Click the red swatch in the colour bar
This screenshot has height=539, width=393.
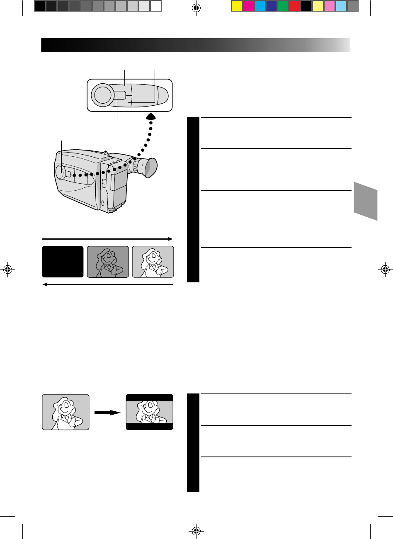tap(295, 6)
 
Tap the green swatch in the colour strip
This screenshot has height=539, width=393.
tap(283, 6)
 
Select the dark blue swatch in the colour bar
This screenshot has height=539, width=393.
tap(272, 6)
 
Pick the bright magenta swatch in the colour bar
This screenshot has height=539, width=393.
tap(248, 6)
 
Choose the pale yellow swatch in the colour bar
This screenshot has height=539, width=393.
tap(318, 6)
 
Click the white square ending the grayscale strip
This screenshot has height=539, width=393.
tap(155, 6)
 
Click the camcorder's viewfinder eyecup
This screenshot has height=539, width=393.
tap(148, 168)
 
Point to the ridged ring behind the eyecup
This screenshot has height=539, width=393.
tap(135, 166)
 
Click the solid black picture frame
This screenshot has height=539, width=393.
tap(63, 262)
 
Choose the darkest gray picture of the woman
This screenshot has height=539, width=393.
tap(108, 262)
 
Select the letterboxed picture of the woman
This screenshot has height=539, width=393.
tap(149, 412)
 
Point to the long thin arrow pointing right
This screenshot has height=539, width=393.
tap(107, 239)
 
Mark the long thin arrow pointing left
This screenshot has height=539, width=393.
tap(107, 284)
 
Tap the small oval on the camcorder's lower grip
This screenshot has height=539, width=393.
tap(102, 203)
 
